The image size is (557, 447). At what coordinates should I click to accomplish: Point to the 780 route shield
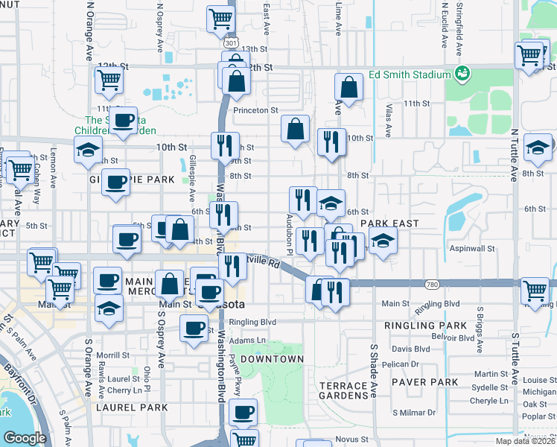pos(432,285)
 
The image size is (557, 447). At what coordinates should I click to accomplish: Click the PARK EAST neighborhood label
pos(389,223)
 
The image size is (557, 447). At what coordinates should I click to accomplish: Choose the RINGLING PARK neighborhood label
pos(425,326)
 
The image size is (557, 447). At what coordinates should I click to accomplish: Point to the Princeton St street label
pos(255,110)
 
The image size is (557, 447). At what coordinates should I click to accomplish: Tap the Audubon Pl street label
pos(290,223)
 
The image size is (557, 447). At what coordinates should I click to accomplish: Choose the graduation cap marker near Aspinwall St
pos(383,241)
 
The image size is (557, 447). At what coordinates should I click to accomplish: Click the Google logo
pos(25,438)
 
